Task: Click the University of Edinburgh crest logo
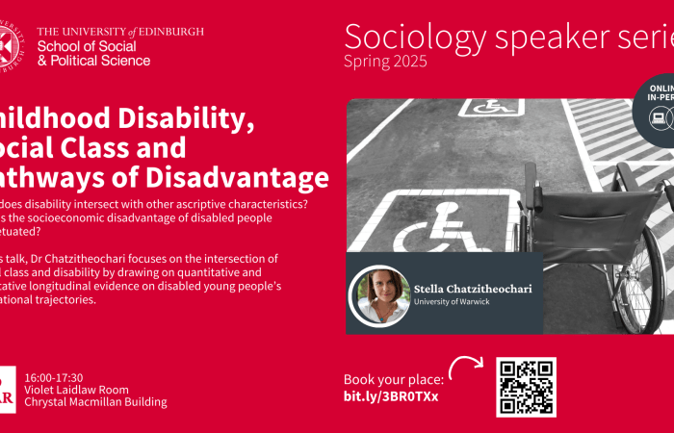click(x=8, y=44)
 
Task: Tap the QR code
click(x=526, y=387)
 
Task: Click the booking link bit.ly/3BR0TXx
click(x=391, y=396)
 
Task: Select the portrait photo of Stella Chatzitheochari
click(x=383, y=293)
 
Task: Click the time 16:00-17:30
click(x=54, y=377)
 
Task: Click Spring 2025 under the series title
click(x=385, y=62)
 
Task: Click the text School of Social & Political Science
click(x=93, y=53)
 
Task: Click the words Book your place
click(x=394, y=379)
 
